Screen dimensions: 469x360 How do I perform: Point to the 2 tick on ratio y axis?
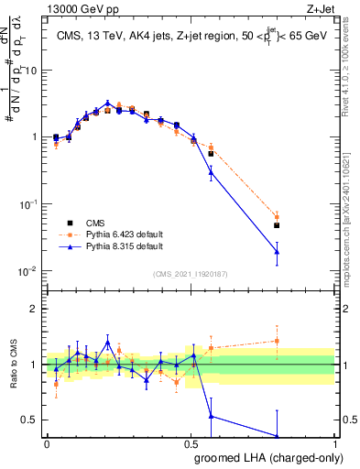[36, 309]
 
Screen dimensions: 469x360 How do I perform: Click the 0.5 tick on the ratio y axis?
[31, 420]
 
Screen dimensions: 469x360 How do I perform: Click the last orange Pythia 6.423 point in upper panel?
[277, 218]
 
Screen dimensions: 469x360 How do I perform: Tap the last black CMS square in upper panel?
[277, 225]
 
